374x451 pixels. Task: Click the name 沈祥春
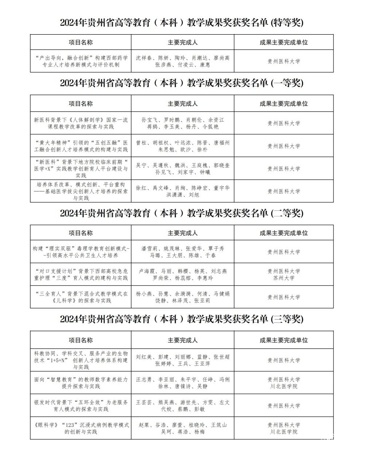pyautogui.click(x=144, y=58)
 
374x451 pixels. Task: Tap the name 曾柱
pyautogui.click(x=141, y=143)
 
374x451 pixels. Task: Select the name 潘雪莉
pyautogui.click(x=149, y=249)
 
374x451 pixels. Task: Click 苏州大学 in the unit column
pyautogui.click(x=284, y=278)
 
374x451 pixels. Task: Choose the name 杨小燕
pyautogui.click(x=144, y=294)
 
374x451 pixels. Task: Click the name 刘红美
pyautogui.click(x=144, y=357)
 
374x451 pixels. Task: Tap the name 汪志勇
pyautogui.click(x=144, y=379)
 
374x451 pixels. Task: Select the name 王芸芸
pyautogui.click(x=144, y=402)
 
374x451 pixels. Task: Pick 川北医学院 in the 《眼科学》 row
pyautogui.click(x=284, y=432)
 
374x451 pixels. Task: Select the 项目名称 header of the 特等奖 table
pyautogui.click(x=81, y=42)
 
